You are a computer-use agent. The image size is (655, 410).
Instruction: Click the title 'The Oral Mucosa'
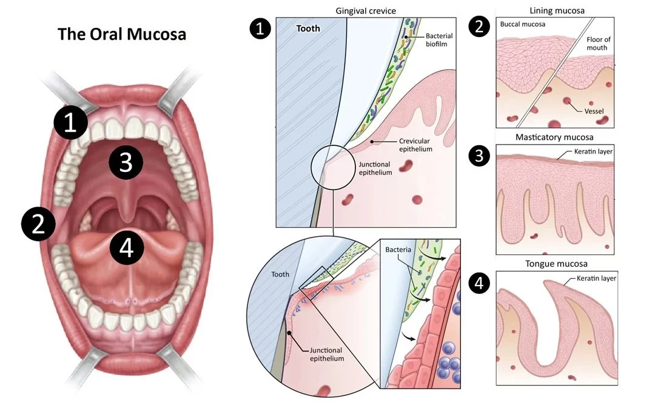pyautogui.click(x=122, y=34)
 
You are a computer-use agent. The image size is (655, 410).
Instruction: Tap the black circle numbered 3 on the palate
pyautogui.click(x=126, y=162)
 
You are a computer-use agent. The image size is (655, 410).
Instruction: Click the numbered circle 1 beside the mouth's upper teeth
pyautogui.click(x=71, y=123)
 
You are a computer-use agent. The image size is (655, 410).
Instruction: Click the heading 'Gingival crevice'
pyautogui.click(x=366, y=12)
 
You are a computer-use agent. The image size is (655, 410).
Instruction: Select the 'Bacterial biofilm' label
pyautogui.click(x=439, y=41)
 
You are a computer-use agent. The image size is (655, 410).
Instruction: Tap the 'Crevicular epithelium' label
pyautogui.click(x=415, y=145)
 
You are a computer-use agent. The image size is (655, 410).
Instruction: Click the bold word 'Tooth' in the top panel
pyautogui.click(x=308, y=29)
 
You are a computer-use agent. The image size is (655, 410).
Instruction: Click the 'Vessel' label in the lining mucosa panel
pyautogui.click(x=589, y=111)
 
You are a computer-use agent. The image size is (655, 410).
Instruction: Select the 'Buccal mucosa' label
pyautogui.click(x=523, y=25)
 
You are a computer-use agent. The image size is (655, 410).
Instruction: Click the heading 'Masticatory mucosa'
pyautogui.click(x=554, y=137)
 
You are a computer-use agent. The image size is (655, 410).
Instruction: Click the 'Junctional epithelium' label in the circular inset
pyautogui.click(x=326, y=354)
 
